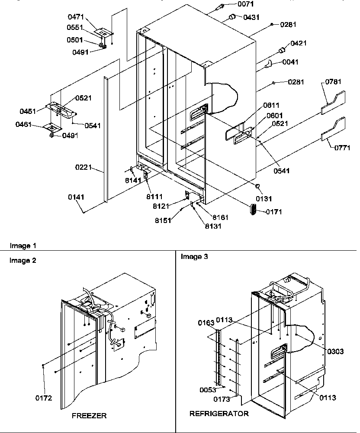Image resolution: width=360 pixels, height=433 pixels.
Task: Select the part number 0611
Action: tap(272, 105)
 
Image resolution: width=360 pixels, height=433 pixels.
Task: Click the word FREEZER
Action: tap(90, 415)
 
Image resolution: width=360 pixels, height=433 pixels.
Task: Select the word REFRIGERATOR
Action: tap(219, 414)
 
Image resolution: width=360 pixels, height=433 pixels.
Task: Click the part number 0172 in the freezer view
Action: tap(44, 398)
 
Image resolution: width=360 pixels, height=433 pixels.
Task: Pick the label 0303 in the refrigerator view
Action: tap(336, 352)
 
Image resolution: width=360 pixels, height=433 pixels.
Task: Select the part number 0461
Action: tap(25, 124)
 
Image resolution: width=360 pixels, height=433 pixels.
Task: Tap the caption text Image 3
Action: tap(194, 257)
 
